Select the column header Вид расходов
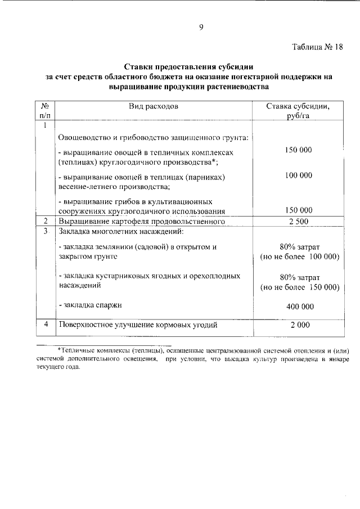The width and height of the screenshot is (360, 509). (153, 106)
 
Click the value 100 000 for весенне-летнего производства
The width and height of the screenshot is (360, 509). (298, 175)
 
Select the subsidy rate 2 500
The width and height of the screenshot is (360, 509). (298, 222)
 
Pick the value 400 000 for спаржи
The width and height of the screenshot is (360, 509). (298, 307)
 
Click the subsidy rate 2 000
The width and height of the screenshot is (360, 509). (298, 325)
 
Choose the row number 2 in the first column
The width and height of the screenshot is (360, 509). (45, 222)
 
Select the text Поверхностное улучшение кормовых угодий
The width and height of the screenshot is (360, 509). (138, 325)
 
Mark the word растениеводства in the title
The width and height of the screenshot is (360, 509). (233, 87)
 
